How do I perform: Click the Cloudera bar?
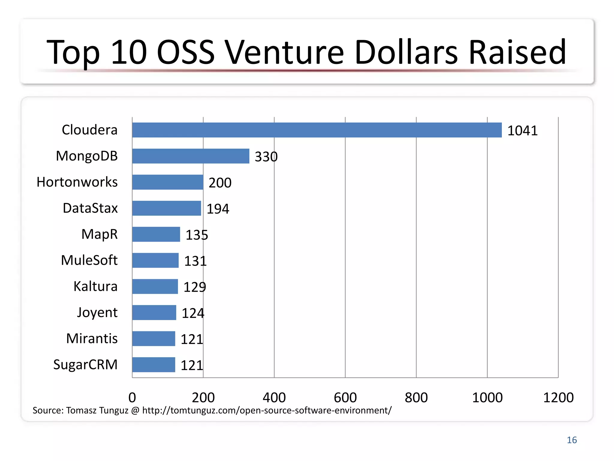pos(317,130)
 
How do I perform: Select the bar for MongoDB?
pos(191,156)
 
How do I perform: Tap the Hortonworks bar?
pos(168,182)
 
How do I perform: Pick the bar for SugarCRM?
pos(153,365)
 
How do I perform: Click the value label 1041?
pos(522,131)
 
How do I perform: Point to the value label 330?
pos(266,157)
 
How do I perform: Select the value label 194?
pos(218,209)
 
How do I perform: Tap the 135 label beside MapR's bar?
pos(197,235)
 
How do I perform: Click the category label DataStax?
pos(90,208)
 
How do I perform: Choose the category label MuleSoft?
pos(89,260)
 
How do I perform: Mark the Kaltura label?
pos(95,286)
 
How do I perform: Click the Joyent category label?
pos(97,313)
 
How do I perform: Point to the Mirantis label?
pos(92,339)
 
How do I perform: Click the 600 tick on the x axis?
pos(345,397)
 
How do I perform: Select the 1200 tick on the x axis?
pos(558,397)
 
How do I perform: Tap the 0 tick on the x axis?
pos(132,397)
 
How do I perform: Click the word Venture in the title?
pos(284,52)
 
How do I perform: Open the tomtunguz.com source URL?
pos(267,410)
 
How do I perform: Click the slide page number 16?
pos(572,440)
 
